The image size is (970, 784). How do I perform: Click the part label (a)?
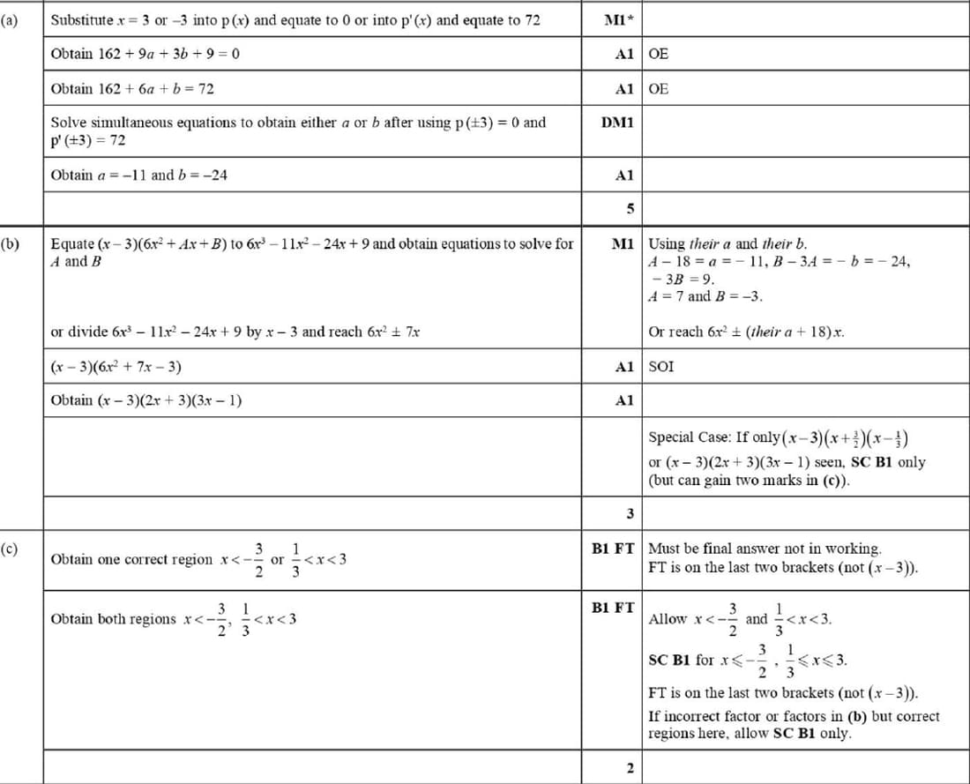click(x=11, y=19)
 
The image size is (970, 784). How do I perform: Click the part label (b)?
click(x=11, y=243)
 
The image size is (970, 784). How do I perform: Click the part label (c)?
click(x=11, y=549)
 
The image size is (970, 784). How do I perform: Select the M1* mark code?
click(x=620, y=20)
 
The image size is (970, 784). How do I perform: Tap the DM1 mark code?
click(x=617, y=123)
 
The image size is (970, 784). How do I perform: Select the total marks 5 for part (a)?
click(x=629, y=209)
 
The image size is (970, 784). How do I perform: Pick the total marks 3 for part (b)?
click(x=629, y=513)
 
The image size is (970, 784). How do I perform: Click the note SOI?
click(x=661, y=366)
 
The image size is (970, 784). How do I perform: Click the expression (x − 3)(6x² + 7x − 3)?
click(x=116, y=366)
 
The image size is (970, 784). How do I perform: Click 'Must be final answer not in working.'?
click(x=765, y=549)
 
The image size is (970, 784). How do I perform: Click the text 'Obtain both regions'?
click(x=114, y=619)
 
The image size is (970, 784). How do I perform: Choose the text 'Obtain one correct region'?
click(x=131, y=559)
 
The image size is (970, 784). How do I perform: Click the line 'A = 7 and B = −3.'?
click(x=705, y=296)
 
